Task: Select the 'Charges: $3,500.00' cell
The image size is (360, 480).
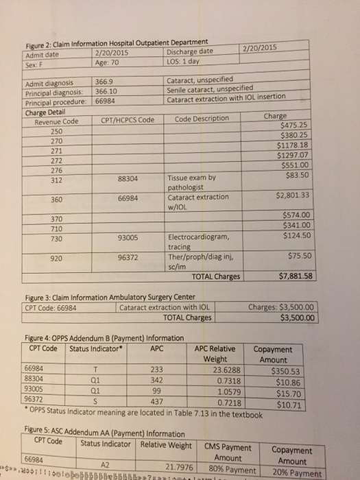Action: (282, 307)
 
